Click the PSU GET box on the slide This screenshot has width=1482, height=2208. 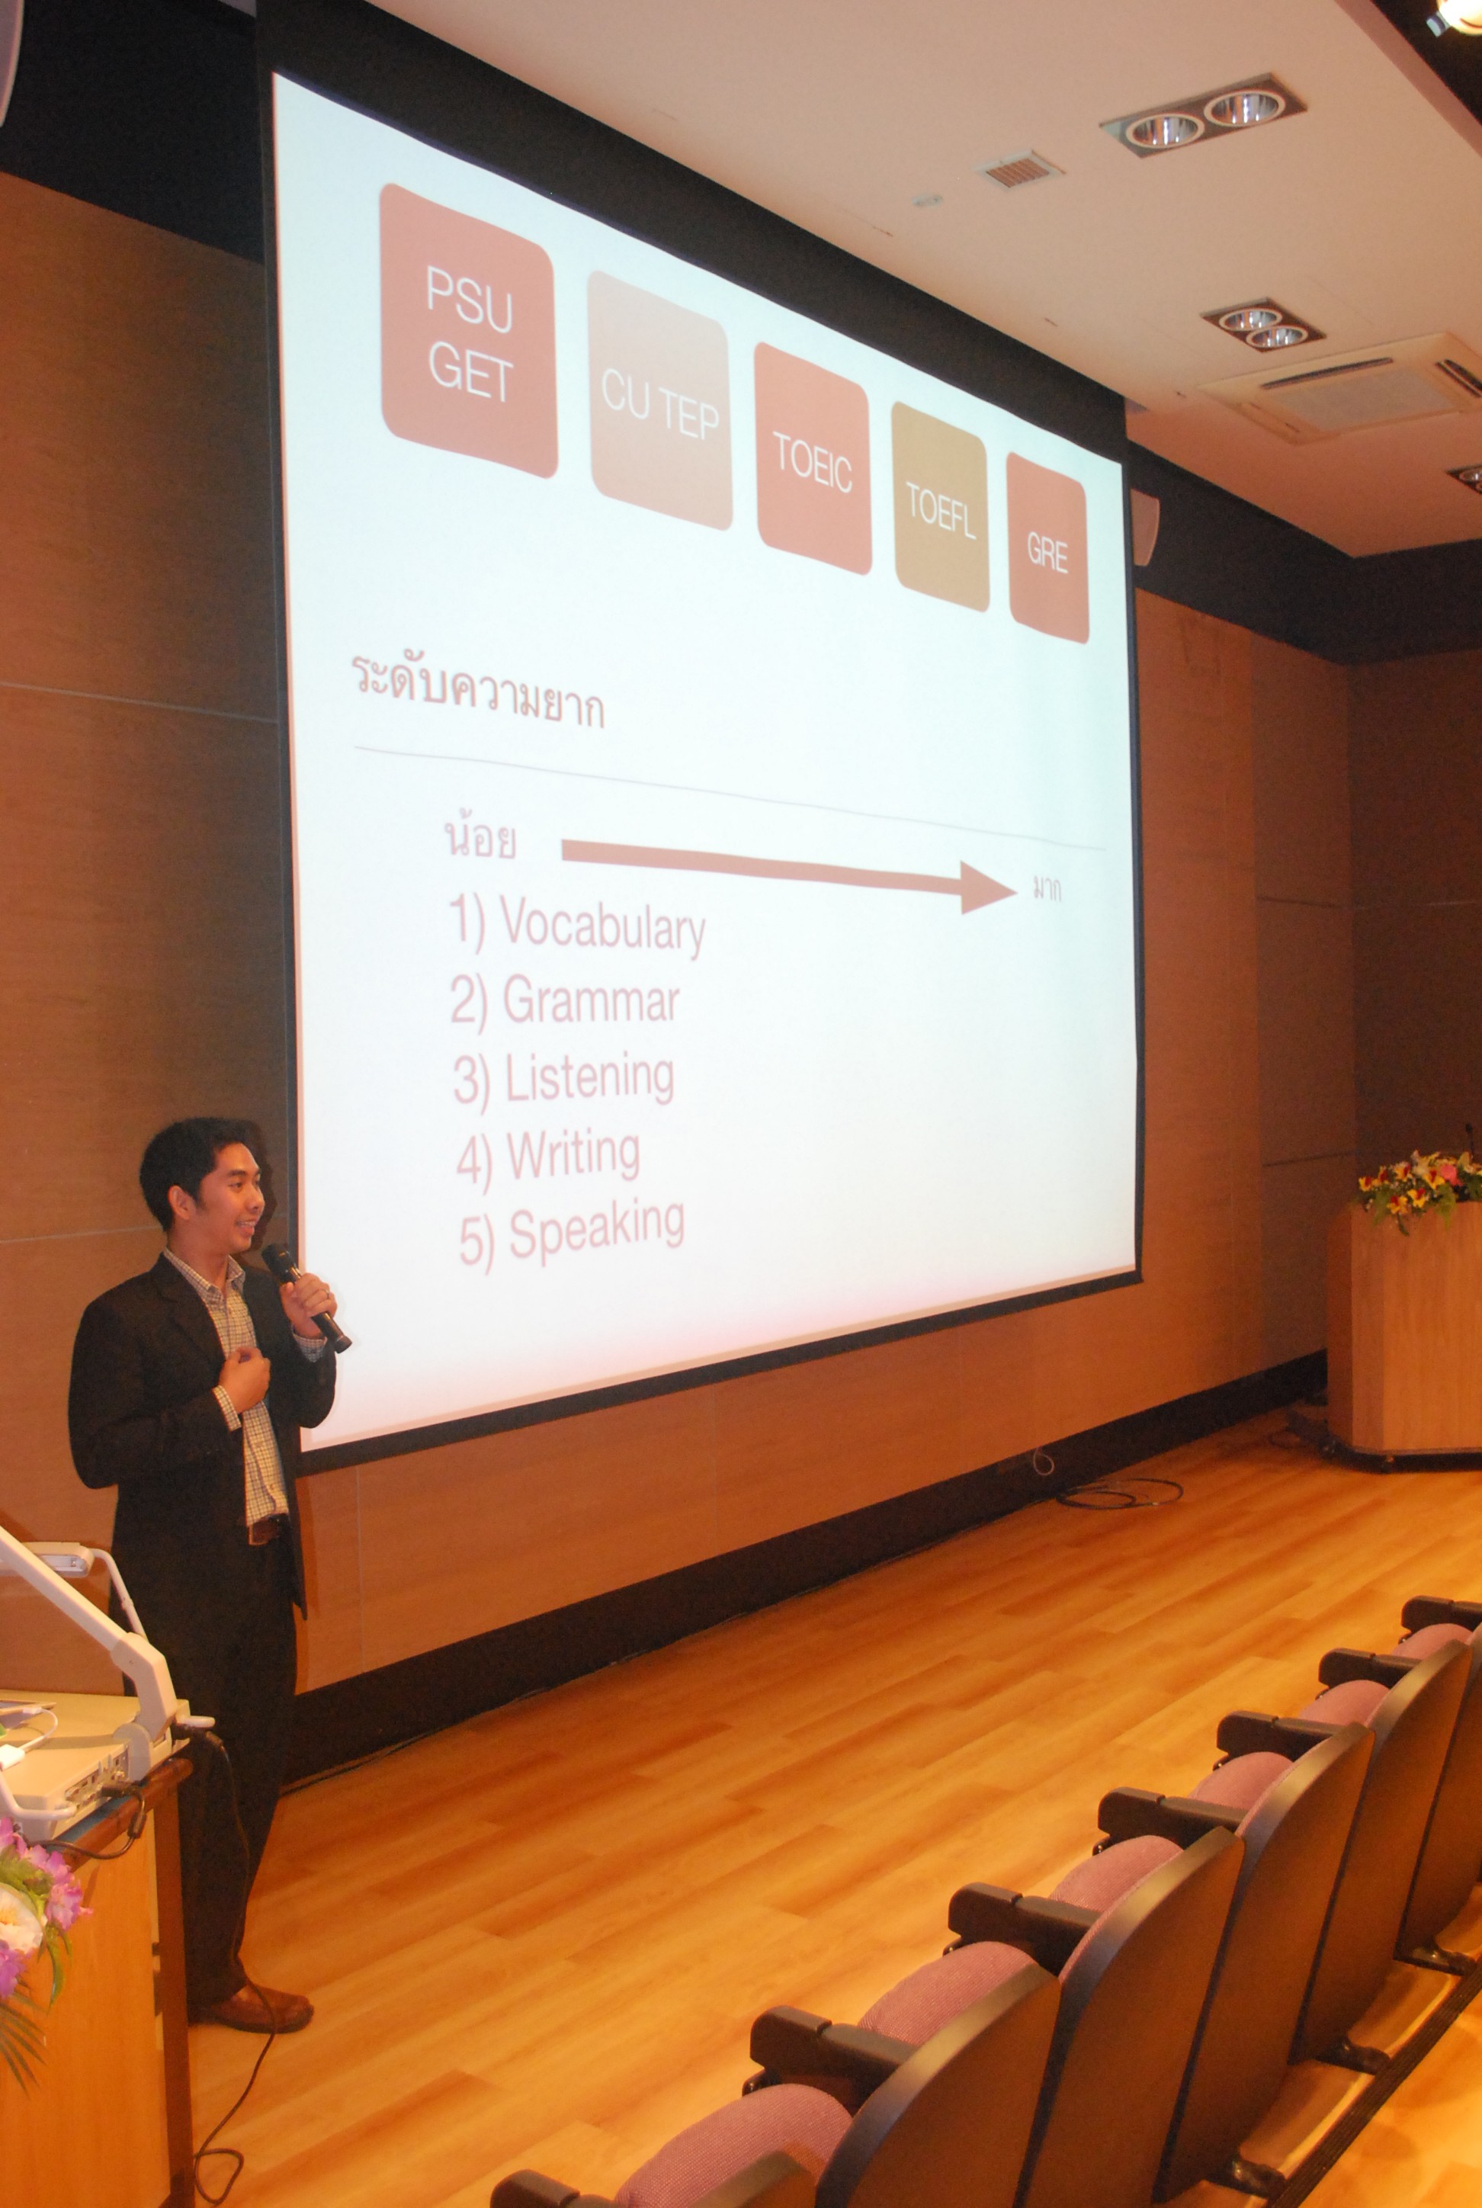[x=468, y=330]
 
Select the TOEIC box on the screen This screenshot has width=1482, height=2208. [x=813, y=458]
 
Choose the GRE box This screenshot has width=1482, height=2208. [x=1047, y=548]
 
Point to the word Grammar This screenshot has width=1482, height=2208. [x=591, y=1001]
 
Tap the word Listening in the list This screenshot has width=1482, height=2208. [x=590, y=1079]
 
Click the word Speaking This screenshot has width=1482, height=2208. [x=596, y=1229]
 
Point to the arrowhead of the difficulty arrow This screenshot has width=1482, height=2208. [x=989, y=887]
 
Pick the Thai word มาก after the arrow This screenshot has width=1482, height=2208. [x=1046, y=890]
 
